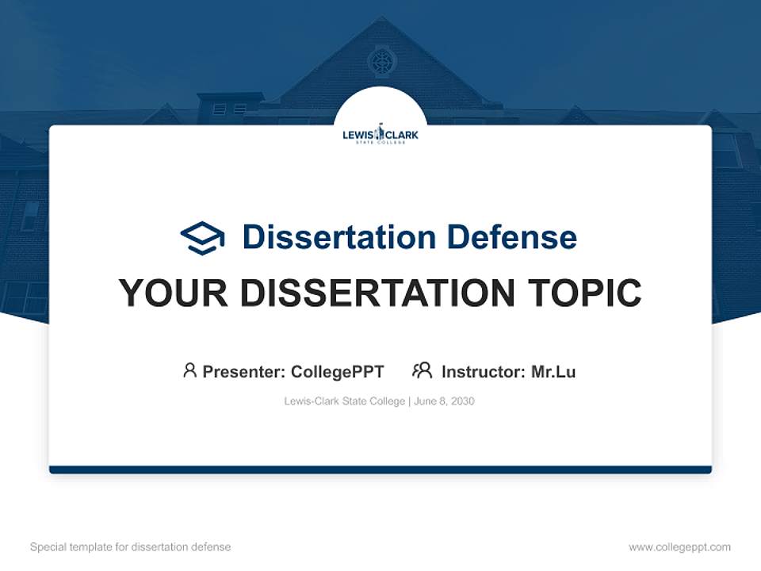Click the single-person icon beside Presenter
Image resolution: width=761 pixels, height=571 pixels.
pos(189,370)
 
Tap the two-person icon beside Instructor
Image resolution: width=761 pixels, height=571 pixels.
pos(423,370)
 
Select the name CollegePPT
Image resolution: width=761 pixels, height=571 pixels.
pos(338,371)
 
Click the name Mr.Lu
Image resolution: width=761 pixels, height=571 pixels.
pos(553,371)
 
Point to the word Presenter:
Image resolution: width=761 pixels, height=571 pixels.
pos(244,371)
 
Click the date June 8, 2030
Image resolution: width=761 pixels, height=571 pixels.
pos(445,401)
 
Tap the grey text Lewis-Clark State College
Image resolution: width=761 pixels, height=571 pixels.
pos(344,401)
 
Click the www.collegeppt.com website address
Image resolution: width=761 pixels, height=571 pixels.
pos(679,547)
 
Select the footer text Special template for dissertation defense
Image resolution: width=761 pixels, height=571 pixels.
pos(131,547)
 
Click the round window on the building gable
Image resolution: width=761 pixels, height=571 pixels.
pos(381,60)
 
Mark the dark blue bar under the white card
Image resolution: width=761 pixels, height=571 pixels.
pos(380,469)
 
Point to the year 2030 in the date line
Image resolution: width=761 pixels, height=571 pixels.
pos(462,401)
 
